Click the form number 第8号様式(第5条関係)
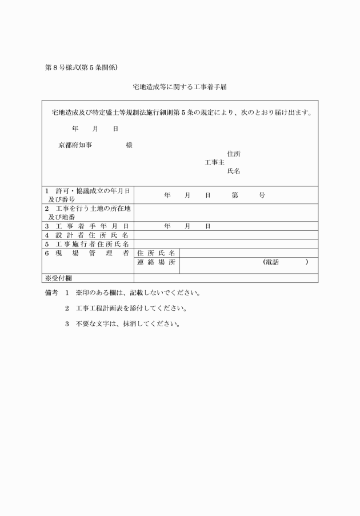(81, 67)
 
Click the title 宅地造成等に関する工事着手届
(180, 87)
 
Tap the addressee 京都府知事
(75, 145)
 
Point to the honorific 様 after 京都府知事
(129, 145)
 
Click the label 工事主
(214, 162)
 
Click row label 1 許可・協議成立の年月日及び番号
(87, 195)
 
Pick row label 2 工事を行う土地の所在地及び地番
(87, 213)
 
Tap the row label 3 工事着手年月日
(87, 226)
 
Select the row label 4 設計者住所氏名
(87, 235)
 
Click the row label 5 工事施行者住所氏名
(87, 244)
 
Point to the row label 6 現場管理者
(87, 253)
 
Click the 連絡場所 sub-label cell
(156, 262)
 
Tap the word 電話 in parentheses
(272, 262)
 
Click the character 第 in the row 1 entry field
(235, 195)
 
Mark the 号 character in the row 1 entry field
(262, 195)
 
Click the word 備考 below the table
(51, 293)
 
